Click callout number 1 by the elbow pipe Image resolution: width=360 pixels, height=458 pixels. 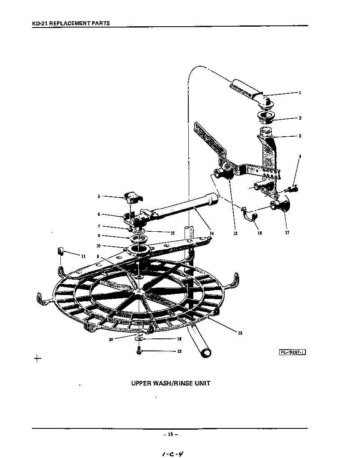point(299,93)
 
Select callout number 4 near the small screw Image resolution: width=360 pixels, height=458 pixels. point(300,156)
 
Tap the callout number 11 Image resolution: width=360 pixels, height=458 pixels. point(83,256)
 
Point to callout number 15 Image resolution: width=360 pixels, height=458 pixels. point(240,333)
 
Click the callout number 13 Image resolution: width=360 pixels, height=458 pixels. point(179,351)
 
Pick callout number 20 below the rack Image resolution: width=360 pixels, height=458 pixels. point(111,339)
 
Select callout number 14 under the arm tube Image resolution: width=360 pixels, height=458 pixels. point(212,233)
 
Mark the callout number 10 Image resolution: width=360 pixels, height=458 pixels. point(98,246)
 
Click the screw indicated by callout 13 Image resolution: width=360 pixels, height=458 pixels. point(138,352)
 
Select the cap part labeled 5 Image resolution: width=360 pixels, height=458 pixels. point(132,198)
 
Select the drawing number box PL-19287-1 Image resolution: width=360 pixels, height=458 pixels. point(292,352)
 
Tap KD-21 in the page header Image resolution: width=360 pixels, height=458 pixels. point(40,23)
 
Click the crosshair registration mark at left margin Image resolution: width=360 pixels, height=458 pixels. point(37,358)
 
